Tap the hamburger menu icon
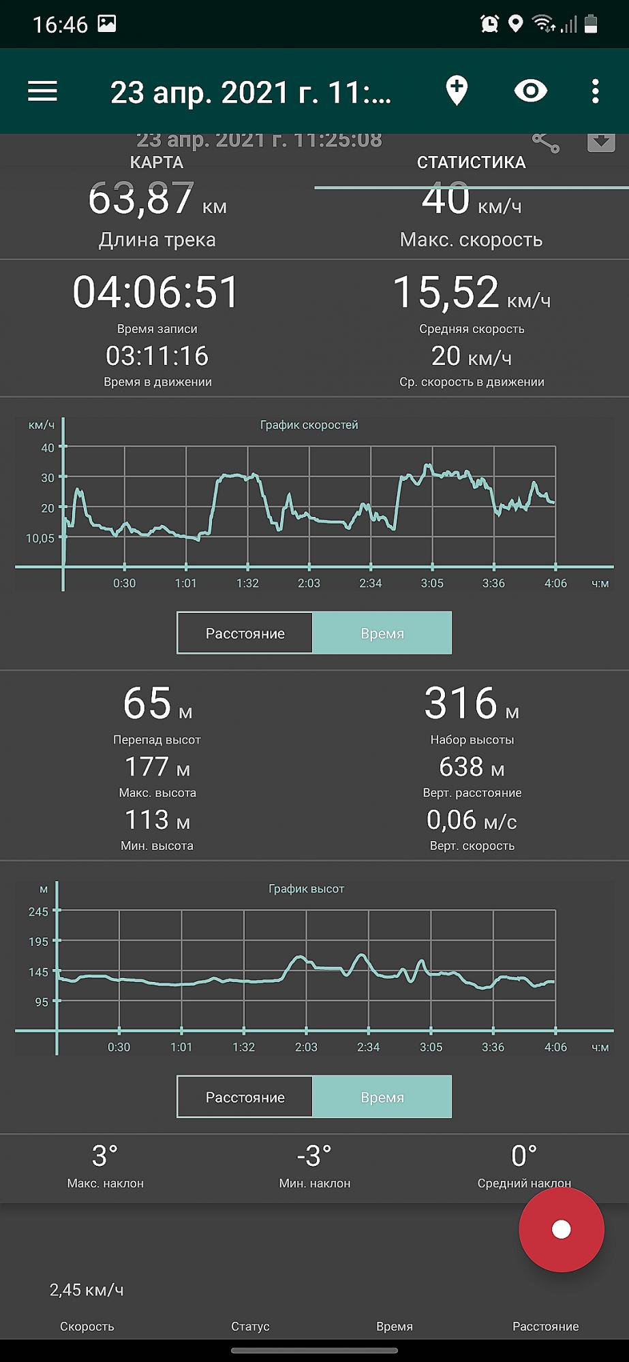coord(42,91)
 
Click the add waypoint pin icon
coord(457,91)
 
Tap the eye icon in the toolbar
coord(531,91)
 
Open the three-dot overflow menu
coord(595,91)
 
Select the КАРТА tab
coord(157,163)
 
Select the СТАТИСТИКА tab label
coord(471,163)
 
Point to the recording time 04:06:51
coord(156,292)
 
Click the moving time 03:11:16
coord(157,356)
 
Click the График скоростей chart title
coord(309,425)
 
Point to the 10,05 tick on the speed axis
coord(40,538)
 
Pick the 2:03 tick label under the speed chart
coord(309,583)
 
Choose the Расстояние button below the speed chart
coord(245,633)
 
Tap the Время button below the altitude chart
coord(382,1097)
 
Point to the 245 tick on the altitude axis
coord(38,911)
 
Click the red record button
coord(561,1229)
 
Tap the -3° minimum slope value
coord(314,1156)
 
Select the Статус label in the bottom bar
coord(250,1326)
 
